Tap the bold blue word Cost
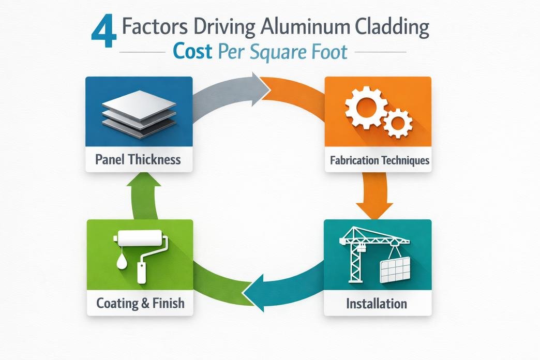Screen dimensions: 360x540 pyautogui.click(x=193, y=53)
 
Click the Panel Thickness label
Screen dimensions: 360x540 pyautogui.click(x=139, y=159)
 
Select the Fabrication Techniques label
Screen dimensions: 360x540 pyautogui.click(x=379, y=160)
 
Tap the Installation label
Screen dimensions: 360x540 pyautogui.click(x=377, y=303)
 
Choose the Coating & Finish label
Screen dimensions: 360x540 pyautogui.click(x=140, y=303)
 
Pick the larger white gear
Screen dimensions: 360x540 pyautogui.click(x=366, y=108)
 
